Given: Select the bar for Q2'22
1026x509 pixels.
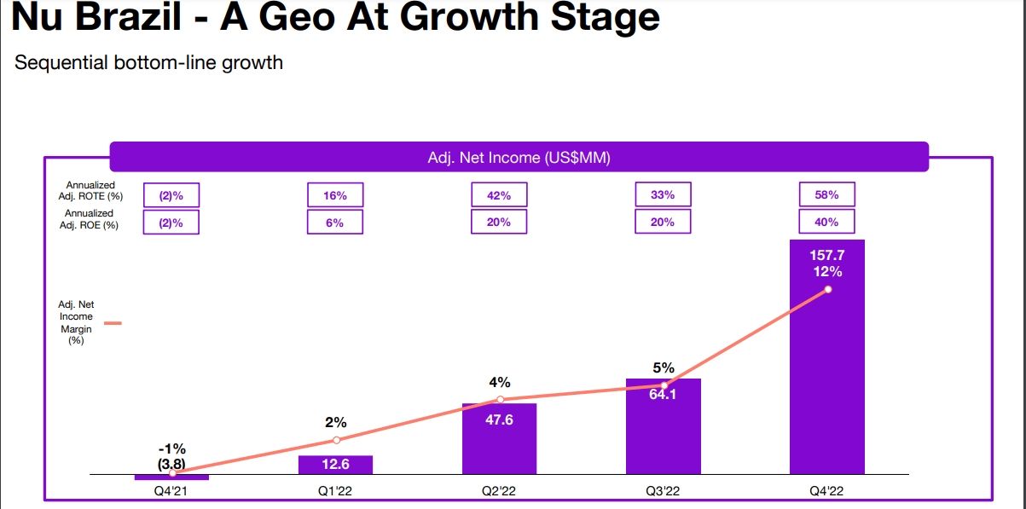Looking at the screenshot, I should pyautogui.click(x=499, y=438).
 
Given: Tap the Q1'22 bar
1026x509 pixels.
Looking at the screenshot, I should pyautogui.click(x=335, y=465).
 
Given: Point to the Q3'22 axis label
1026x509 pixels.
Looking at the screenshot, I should pyautogui.click(x=663, y=490).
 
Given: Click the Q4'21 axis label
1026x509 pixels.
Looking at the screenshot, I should pyautogui.click(x=171, y=490).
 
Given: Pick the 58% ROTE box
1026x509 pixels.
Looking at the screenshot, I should pyautogui.click(x=826, y=194).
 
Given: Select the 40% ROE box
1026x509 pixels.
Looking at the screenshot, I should pyautogui.click(x=826, y=222).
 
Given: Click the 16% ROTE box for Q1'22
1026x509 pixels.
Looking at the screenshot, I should pyautogui.click(x=335, y=194).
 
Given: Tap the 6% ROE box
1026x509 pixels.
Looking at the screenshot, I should pyautogui.click(x=335, y=222).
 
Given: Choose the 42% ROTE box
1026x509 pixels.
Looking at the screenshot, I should pyautogui.click(x=499, y=194).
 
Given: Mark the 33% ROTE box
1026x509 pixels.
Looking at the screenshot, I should pyautogui.click(x=663, y=194).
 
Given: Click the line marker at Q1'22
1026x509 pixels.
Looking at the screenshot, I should pyautogui.click(x=336, y=440).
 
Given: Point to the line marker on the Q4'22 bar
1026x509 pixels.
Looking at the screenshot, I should pyautogui.click(x=827, y=289).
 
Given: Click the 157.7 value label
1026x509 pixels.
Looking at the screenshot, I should pyautogui.click(x=826, y=255).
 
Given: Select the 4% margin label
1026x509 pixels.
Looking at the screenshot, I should pyautogui.click(x=499, y=382).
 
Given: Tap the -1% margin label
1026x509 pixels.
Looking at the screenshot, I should pyautogui.click(x=171, y=448).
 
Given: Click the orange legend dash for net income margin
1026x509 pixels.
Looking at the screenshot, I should pyautogui.click(x=113, y=323).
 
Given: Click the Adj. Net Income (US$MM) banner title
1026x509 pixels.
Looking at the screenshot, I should pyautogui.click(x=519, y=158).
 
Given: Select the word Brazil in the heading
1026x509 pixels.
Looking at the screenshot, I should pyautogui.click(x=139, y=18).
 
